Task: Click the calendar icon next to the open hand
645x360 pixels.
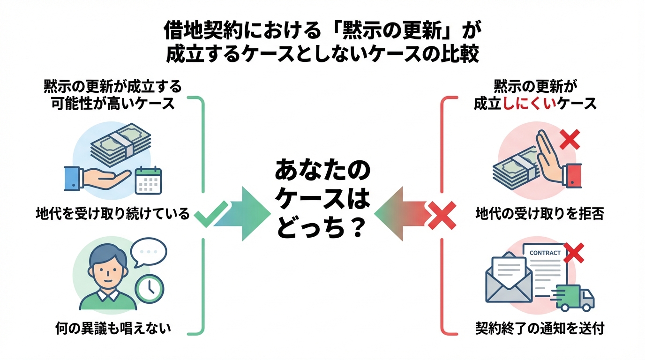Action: click(148, 181)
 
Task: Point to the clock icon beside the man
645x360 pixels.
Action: click(149, 287)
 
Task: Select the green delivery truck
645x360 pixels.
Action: click(575, 298)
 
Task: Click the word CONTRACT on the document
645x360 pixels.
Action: click(545, 253)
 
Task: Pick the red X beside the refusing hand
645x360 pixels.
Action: click(570, 140)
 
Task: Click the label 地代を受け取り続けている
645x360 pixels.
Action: click(112, 214)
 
